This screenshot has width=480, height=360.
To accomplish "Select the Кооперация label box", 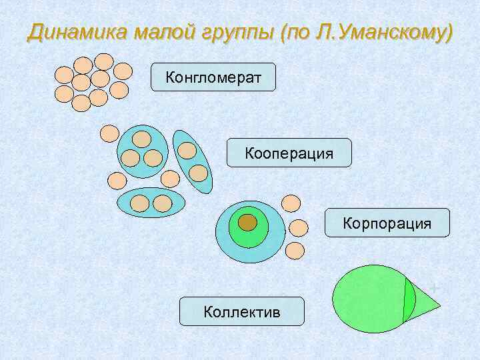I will click(289, 153).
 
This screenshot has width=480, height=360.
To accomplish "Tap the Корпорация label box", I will click(387, 223).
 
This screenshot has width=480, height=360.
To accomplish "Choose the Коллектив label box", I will click(241, 311).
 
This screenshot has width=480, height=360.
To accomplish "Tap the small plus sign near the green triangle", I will click(435, 287).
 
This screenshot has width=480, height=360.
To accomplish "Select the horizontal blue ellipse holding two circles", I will click(151, 203).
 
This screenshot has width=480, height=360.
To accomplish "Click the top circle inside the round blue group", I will click(142, 139).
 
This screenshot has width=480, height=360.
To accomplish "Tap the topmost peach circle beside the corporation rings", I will click(291, 203).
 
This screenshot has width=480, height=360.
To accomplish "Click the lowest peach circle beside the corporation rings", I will click(295, 251).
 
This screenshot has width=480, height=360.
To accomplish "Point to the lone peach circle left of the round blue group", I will click(109, 133).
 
